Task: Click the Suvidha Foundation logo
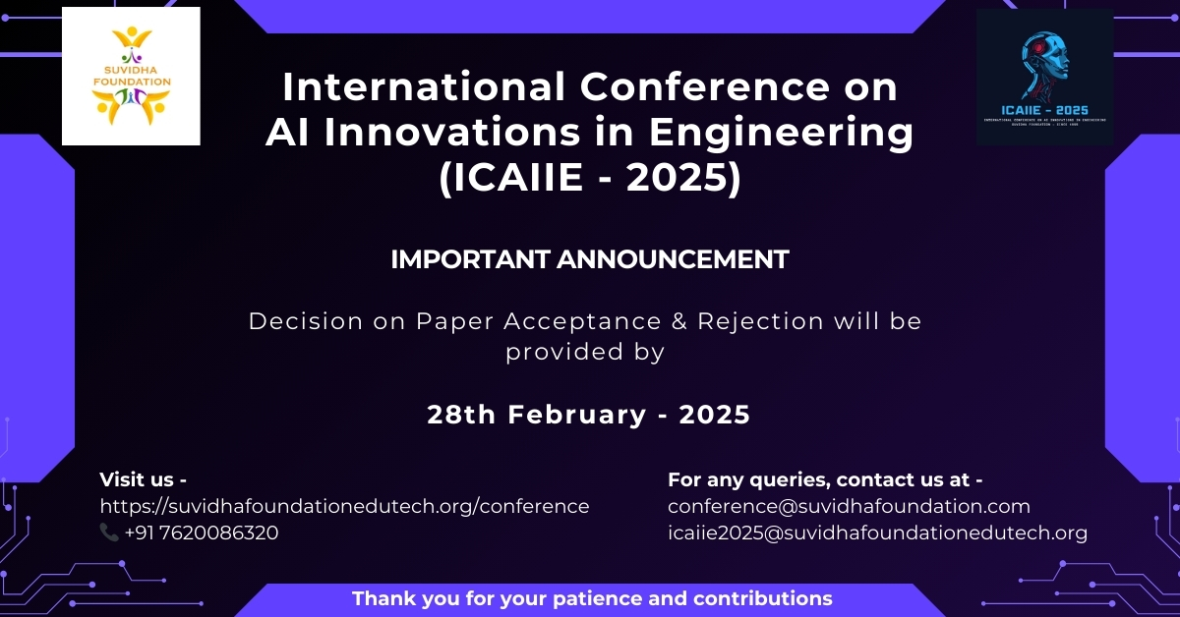pos(131,77)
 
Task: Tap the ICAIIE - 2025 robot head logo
pos(1044,77)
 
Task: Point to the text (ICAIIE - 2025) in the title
pos(589,179)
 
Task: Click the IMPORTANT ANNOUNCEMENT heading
pos(589,259)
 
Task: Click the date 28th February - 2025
pos(588,415)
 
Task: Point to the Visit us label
pos(144,479)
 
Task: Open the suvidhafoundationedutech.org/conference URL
pos(344,506)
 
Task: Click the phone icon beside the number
pos(109,533)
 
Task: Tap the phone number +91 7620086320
pos(202,533)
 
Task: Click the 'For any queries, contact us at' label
pos(825,479)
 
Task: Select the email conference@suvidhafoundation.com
pos(849,506)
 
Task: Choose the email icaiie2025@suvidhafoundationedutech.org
pos(877,533)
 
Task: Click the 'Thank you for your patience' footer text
pos(592,597)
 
